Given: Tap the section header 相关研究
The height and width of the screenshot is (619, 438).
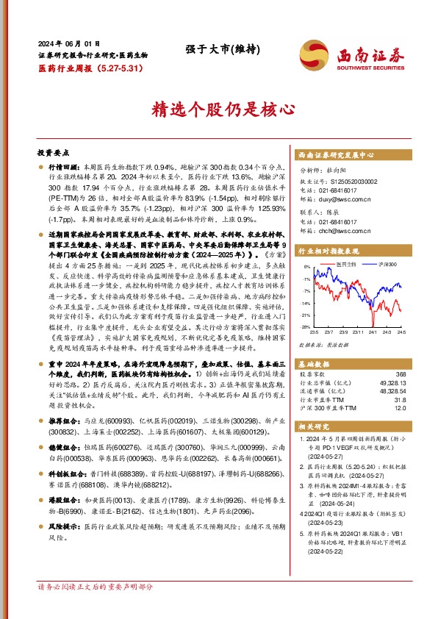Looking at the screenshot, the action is [317, 425].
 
